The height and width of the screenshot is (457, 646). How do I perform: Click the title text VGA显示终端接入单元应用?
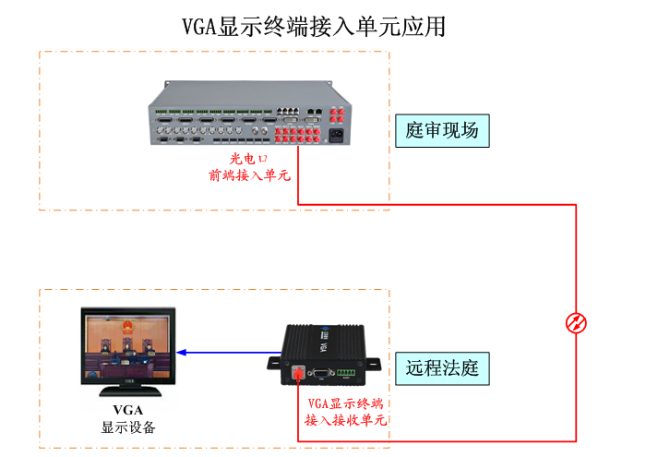314,27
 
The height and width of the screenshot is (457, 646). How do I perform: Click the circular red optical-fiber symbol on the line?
576,323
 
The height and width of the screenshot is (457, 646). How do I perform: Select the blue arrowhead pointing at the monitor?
183,352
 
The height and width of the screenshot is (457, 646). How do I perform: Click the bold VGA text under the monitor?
128,410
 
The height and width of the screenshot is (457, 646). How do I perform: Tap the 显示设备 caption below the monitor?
128,427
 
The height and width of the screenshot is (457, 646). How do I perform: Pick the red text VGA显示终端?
345,403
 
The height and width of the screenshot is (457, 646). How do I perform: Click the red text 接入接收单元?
345,420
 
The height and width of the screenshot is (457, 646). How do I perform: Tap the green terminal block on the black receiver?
346,373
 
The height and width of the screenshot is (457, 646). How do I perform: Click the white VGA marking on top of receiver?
322,347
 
